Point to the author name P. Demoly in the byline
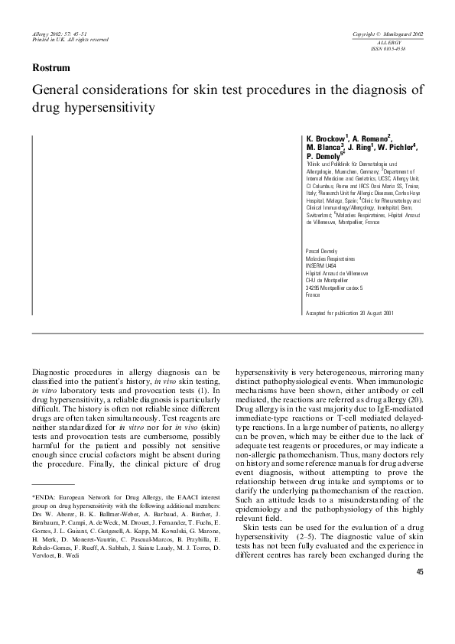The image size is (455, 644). click(x=324, y=155)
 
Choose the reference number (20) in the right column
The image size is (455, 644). click(x=416, y=398)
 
